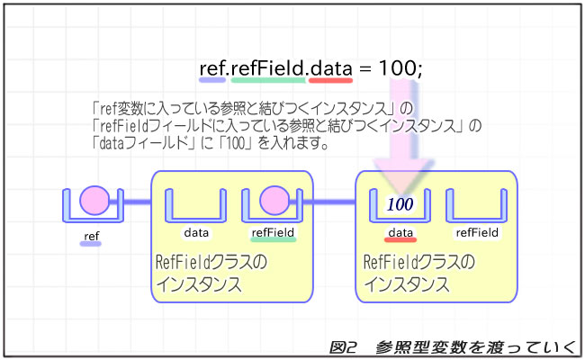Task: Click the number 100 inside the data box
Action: click(400, 204)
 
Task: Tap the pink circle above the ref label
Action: click(94, 201)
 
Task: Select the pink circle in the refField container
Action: click(273, 201)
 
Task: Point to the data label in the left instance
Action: click(196, 232)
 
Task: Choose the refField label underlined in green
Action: click(273, 232)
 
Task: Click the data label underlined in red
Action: click(400, 232)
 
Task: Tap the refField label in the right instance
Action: click(477, 232)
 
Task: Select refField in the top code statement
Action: click(267, 67)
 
